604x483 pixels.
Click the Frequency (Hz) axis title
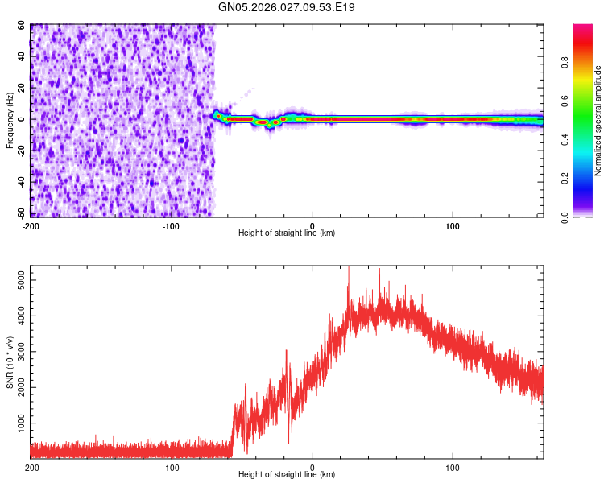point(10,120)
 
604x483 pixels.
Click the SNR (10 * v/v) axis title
point(10,362)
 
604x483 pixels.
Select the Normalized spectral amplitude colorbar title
point(598,121)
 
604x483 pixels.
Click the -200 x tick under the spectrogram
point(31,225)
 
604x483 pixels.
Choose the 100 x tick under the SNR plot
point(453,466)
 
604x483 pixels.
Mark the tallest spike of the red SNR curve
point(348,268)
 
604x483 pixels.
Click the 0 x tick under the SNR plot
point(312,466)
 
